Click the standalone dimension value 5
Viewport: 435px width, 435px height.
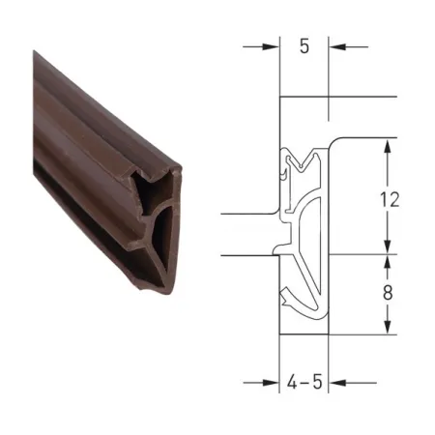(x=304, y=46)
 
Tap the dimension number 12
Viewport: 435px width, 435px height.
(x=390, y=199)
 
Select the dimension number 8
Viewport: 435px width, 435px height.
(x=388, y=293)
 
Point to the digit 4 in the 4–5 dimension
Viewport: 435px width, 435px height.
(x=292, y=382)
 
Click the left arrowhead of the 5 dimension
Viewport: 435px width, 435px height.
(x=271, y=46)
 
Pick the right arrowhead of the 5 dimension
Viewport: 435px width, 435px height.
(x=337, y=46)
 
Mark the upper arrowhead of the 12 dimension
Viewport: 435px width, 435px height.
(x=388, y=147)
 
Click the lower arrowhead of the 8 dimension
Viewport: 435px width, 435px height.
(x=388, y=326)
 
